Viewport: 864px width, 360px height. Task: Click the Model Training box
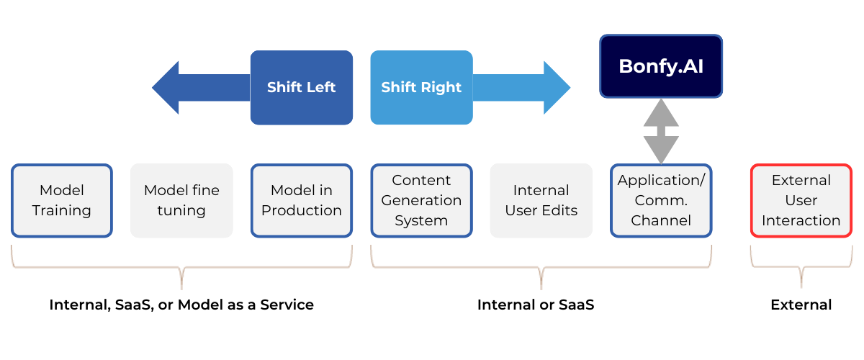click(x=62, y=201)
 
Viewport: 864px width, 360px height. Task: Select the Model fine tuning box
click(x=181, y=201)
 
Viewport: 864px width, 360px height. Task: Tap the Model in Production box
click(x=302, y=201)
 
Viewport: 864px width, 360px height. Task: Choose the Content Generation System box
click(x=421, y=201)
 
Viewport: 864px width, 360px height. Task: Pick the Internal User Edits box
click(x=541, y=201)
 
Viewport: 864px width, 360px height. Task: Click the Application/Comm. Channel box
click(x=661, y=201)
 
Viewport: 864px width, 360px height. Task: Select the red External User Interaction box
click(x=801, y=201)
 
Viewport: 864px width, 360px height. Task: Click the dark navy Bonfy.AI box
click(x=661, y=66)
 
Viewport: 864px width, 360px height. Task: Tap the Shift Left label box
click(x=302, y=87)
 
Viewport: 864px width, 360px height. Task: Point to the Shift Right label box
click(x=421, y=87)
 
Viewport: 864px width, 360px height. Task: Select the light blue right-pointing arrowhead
click(x=556, y=88)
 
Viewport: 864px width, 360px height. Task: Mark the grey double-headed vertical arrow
click(x=661, y=131)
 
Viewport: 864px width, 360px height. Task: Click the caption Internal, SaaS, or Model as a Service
click(x=181, y=305)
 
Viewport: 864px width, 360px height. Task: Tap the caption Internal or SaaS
click(x=536, y=305)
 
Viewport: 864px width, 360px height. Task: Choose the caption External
click(x=801, y=305)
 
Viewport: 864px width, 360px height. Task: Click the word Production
click(x=302, y=211)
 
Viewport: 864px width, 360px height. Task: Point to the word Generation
click(x=421, y=201)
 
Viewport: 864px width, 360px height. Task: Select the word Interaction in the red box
click(x=801, y=220)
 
